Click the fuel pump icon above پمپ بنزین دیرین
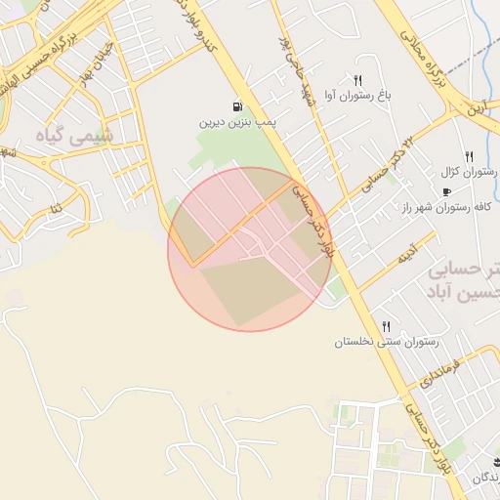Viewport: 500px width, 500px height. tap(237, 106)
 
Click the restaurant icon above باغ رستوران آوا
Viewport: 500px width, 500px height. tap(358, 80)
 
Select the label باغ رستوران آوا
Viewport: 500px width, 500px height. tap(359, 96)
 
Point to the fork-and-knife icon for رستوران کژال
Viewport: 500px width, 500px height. tap(470, 155)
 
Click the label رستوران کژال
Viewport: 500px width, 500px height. tap(467, 171)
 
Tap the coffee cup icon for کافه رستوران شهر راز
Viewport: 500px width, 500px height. tap(447, 191)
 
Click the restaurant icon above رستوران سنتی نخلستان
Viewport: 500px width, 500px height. tap(387, 326)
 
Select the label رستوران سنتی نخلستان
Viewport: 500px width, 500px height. tap(388, 342)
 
